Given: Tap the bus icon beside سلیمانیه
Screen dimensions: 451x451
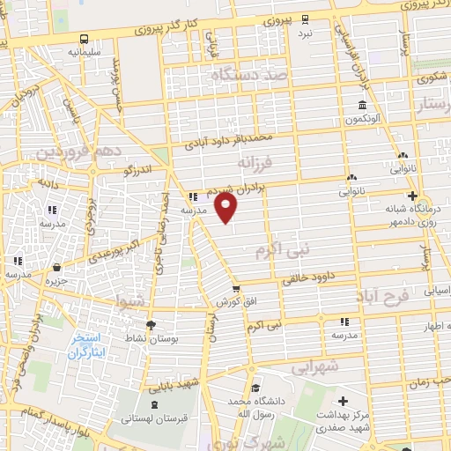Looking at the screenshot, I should point(84,39).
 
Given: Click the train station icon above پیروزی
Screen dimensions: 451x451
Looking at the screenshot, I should point(304,18).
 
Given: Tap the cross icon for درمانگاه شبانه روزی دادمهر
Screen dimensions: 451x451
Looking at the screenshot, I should point(411,195).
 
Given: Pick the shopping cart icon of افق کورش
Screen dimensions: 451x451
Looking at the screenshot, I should point(235,288).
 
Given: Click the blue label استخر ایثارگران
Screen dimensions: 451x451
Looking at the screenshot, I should point(85,344).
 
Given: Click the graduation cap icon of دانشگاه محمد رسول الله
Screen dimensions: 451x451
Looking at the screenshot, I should point(254,388).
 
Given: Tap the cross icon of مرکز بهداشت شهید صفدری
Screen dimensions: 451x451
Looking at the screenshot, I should point(343,402).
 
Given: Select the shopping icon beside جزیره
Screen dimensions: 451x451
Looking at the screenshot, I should point(57,267).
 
